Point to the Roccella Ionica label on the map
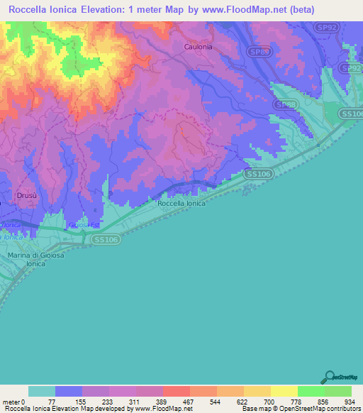tap(181, 203)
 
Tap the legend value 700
tap(257, 401)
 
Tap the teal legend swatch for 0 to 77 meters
tap(41, 391)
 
